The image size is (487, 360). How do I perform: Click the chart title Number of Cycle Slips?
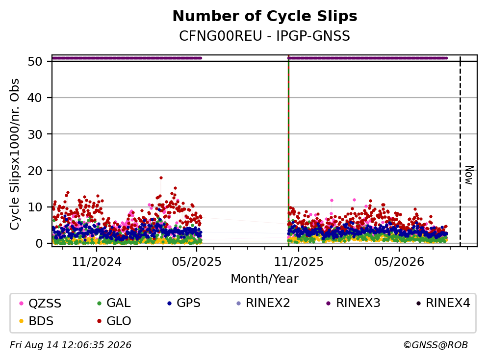click(265, 16)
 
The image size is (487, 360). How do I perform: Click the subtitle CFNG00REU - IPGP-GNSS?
click(265, 36)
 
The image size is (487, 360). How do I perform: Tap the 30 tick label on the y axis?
click(35, 134)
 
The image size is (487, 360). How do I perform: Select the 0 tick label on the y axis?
click(39, 243)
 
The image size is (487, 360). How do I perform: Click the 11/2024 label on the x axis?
click(97, 262)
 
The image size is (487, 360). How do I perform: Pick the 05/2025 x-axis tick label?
click(197, 262)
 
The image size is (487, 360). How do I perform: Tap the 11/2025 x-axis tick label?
click(299, 262)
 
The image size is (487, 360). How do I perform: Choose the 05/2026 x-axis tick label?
click(399, 262)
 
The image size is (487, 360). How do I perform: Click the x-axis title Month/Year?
click(265, 279)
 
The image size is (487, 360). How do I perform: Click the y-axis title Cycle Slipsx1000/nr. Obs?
click(15, 154)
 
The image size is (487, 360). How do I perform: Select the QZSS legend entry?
click(40, 303)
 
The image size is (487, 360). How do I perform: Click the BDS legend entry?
click(36, 321)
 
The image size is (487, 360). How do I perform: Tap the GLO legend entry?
click(114, 321)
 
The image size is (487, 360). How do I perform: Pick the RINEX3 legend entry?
click(354, 303)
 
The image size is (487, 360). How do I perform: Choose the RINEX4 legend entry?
click(443, 303)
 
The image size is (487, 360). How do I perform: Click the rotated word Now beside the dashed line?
click(469, 175)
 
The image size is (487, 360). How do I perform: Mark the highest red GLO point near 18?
click(161, 178)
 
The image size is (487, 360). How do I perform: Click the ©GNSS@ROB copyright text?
click(436, 345)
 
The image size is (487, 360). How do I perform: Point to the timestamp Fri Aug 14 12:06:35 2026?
click(71, 345)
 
